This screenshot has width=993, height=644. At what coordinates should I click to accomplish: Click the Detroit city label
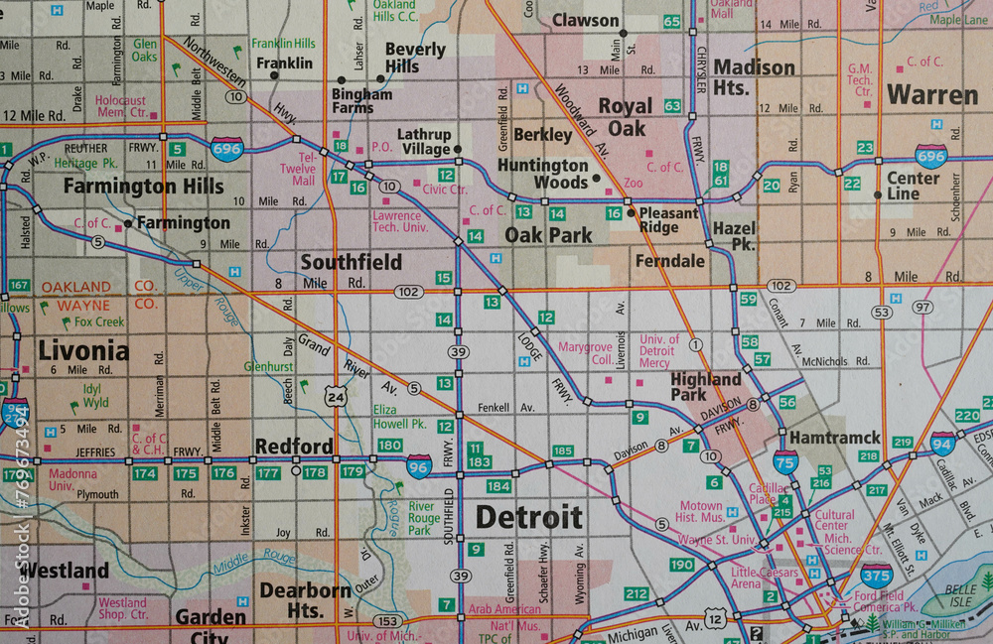tap(528, 517)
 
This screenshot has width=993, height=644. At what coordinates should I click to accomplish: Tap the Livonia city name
tap(83, 350)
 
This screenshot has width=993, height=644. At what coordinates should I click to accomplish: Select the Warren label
tap(931, 95)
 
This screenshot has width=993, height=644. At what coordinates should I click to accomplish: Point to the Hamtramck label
tap(834, 438)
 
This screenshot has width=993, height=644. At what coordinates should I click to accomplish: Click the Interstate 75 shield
tap(784, 460)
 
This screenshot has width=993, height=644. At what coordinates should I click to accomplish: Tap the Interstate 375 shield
tap(876, 574)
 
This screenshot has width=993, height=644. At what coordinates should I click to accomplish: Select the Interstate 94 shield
tap(942, 443)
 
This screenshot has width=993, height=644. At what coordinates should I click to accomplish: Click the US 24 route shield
tap(337, 397)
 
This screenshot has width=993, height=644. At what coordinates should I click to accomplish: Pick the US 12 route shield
tap(715, 618)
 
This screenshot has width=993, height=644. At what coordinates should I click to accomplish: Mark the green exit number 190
tap(681, 565)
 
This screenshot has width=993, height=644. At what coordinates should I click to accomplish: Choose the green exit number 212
tap(637, 594)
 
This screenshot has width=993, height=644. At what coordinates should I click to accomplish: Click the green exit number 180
tap(389, 446)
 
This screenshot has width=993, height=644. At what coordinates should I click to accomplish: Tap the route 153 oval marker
tap(389, 621)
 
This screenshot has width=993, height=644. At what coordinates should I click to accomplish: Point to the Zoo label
tap(633, 184)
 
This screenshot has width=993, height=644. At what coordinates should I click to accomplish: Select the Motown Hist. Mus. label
tap(699, 512)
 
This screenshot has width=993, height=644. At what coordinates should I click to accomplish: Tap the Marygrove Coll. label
tap(586, 354)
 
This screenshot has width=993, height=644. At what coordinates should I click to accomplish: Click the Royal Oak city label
tap(625, 117)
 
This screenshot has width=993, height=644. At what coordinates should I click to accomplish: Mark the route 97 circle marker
tap(923, 308)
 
